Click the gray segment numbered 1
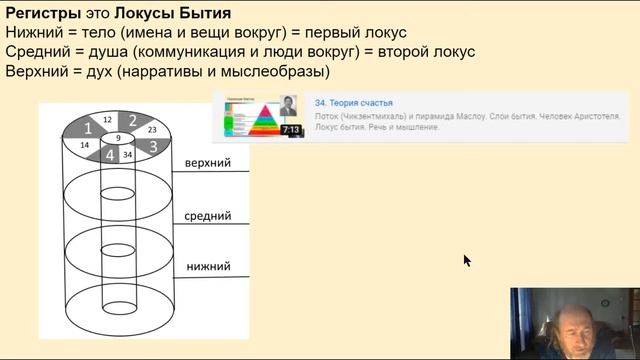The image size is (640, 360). [x=90, y=128]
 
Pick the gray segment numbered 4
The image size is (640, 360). [x=110, y=156]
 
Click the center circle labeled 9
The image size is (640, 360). [x=118, y=138]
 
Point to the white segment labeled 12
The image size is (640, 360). [x=107, y=120]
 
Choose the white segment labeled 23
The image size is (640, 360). [x=151, y=129]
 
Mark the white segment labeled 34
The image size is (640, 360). [x=128, y=156]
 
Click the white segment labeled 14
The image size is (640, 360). [x=83, y=146]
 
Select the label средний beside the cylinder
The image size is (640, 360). [x=208, y=215]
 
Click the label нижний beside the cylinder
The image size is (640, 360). [x=208, y=266]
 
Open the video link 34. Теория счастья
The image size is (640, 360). [x=353, y=103]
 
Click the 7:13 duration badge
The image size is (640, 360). [x=292, y=130]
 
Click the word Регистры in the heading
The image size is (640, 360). [x=40, y=13]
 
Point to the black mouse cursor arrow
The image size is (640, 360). [x=467, y=260]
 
